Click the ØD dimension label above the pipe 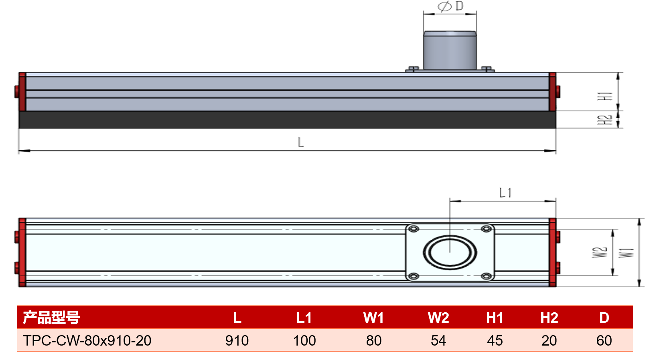pyautogui.click(x=451, y=6)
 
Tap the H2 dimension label pyautogui.click(x=604, y=120)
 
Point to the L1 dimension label pyautogui.click(x=505, y=193)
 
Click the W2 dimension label pyautogui.click(x=600, y=252)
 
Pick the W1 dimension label pyautogui.click(x=627, y=253)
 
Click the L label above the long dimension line pyautogui.click(x=301, y=142)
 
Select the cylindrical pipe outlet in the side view pyautogui.click(x=450, y=50)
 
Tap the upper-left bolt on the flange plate pyautogui.click(x=414, y=229)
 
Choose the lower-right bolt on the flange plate pyautogui.click(x=486, y=276)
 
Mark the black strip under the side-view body pyautogui.click(x=287, y=119)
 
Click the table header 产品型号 pyautogui.click(x=51, y=318)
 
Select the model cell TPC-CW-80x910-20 pyautogui.click(x=87, y=340)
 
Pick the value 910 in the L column pyautogui.click(x=237, y=340)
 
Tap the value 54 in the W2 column pyautogui.click(x=438, y=340)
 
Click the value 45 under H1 pyautogui.click(x=495, y=340)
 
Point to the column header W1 pyautogui.click(x=373, y=318)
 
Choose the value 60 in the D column pyautogui.click(x=604, y=340)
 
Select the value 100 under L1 pyautogui.click(x=304, y=340)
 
